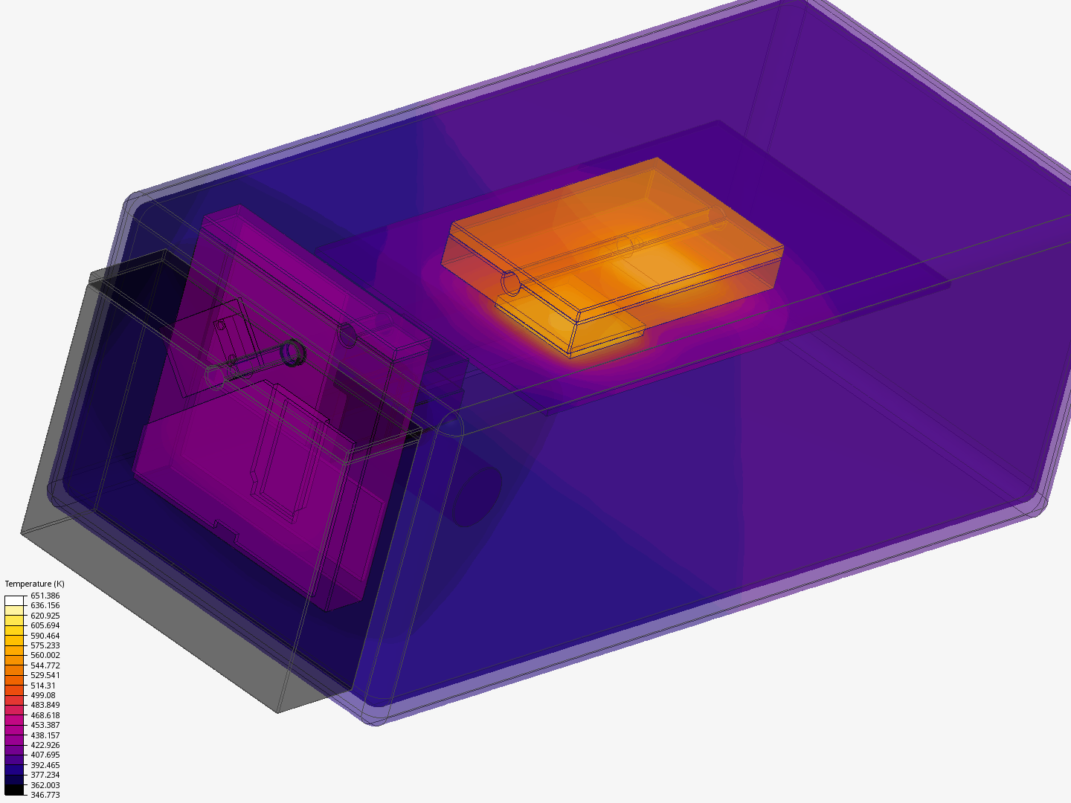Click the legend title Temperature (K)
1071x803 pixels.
[34, 584]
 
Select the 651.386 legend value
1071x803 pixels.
[45, 596]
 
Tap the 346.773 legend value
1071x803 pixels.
[45, 795]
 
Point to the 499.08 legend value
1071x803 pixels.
[42, 695]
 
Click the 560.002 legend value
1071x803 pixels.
[45, 655]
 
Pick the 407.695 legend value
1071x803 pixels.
[45, 755]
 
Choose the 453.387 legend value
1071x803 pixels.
[45, 725]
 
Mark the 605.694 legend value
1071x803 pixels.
[45, 625]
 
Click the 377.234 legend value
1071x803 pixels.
[45, 775]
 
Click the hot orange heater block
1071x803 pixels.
[617, 253]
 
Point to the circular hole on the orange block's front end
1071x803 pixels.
[511, 283]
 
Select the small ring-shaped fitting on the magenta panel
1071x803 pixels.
[292, 351]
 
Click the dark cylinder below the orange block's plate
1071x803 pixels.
[476, 494]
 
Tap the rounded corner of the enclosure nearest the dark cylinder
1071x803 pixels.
[451, 425]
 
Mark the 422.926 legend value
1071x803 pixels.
[45, 745]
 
